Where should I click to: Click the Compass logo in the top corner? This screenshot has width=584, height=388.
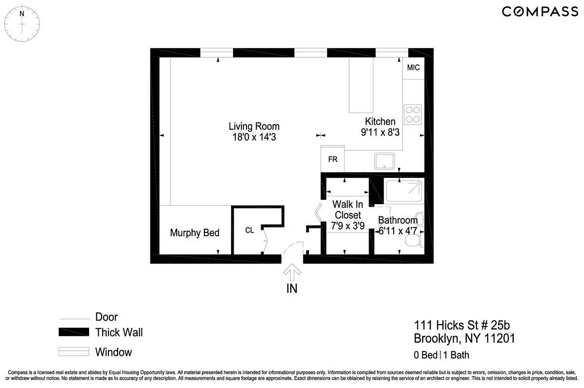(x=539, y=12)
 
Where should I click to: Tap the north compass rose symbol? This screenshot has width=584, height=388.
(x=22, y=22)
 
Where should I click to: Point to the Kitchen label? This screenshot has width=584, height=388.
(x=380, y=121)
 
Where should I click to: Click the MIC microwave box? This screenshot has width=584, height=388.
(x=413, y=68)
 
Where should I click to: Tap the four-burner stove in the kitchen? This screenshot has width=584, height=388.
(x=413, y=114)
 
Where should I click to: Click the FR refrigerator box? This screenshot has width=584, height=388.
(x=333, y=159)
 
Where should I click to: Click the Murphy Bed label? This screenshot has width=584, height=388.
(x=195, y=233)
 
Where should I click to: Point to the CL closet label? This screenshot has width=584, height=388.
(x=249, y=230)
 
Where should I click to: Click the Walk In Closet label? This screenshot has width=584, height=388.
(x=348, y=210)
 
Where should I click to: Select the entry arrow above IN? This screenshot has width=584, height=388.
(x=292, y=273)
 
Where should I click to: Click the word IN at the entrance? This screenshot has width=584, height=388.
(x=292, y=289)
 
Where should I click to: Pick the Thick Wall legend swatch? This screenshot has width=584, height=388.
(x=74, y=332)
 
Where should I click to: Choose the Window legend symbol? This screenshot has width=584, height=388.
(x=74, y=352)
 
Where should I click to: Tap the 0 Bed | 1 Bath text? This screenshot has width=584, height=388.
(x=442, y=355)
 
